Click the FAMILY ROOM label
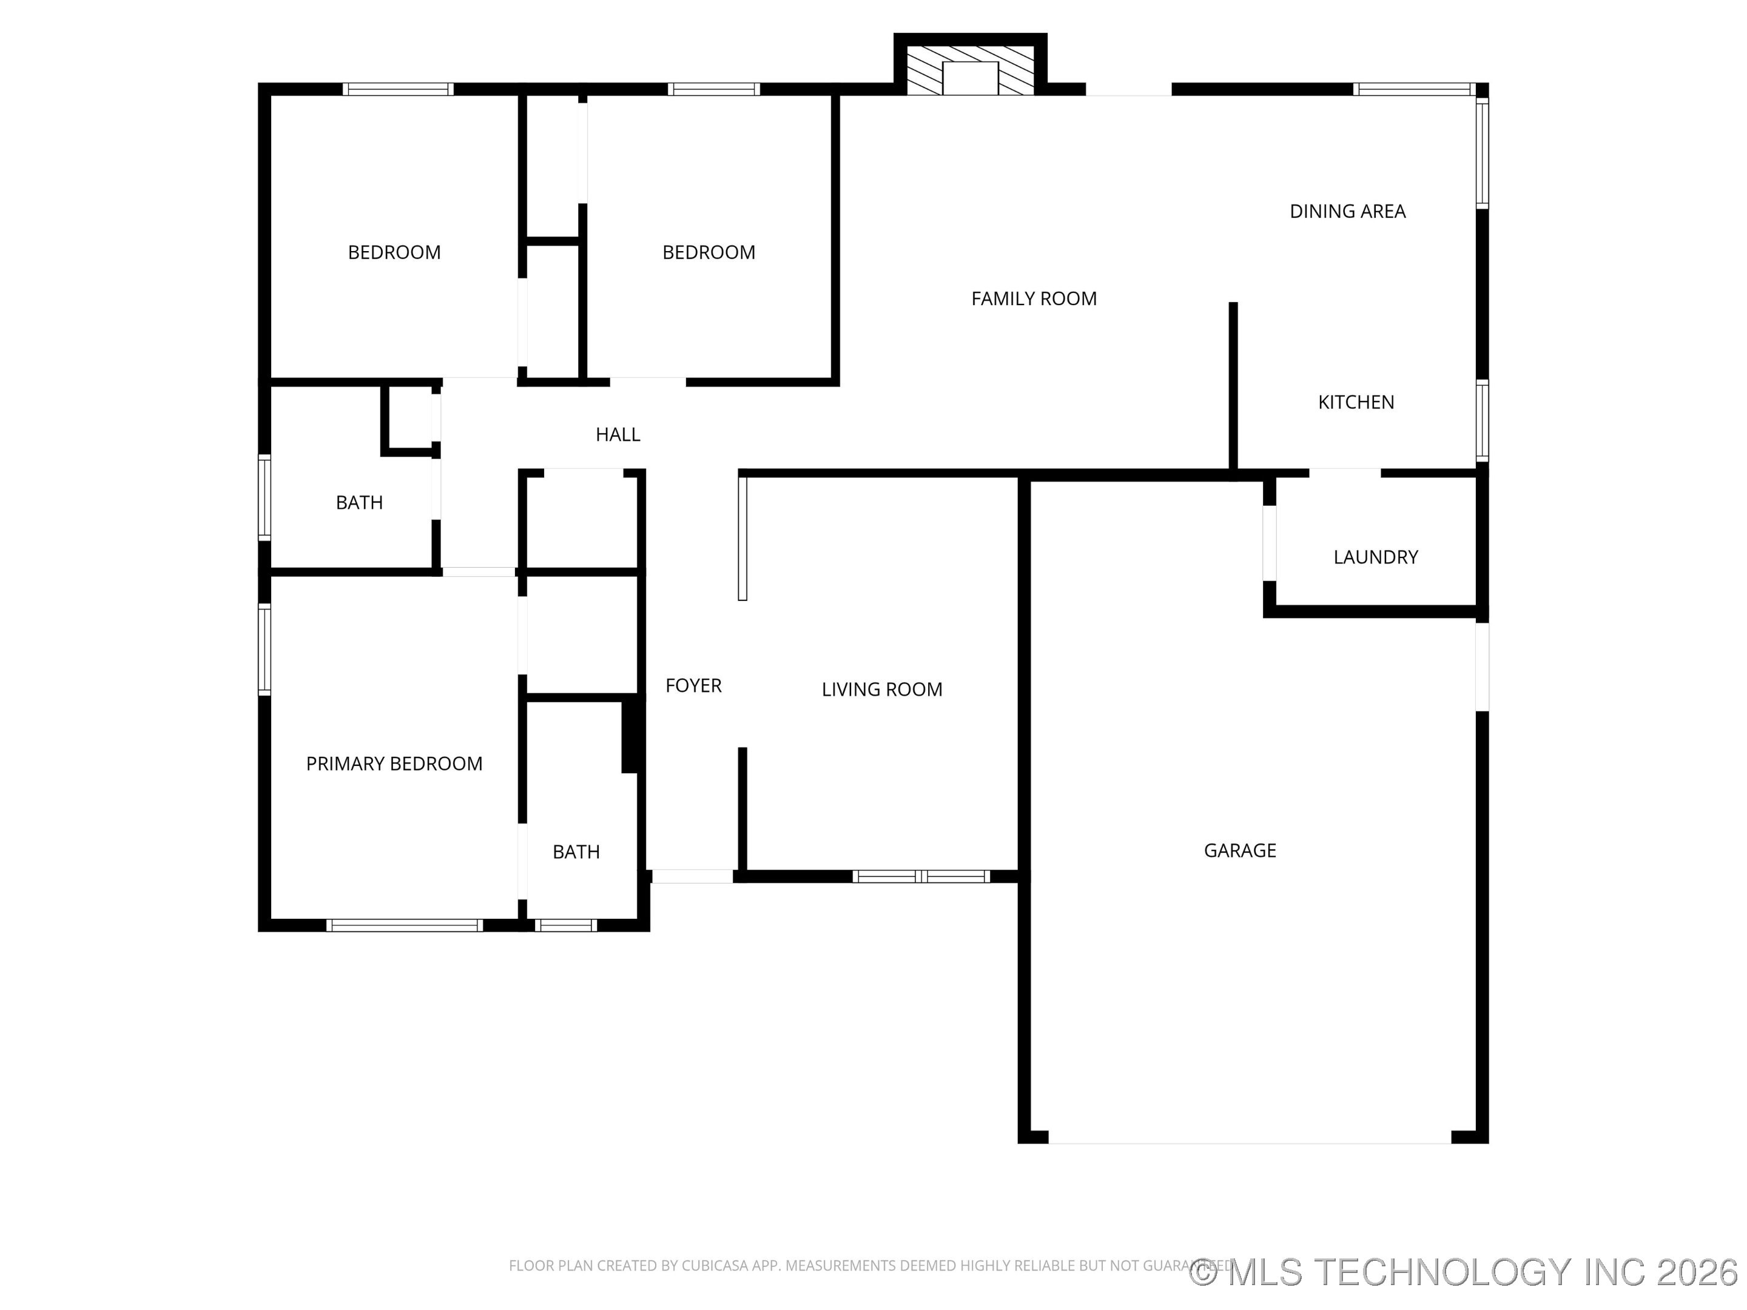click(x=1033, y=298)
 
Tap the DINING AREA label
click(x=1347, y=212)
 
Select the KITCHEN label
click(x=1355, y=402)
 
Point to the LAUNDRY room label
click(x=1375, y=557)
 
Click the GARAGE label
click(x=1239, y=850)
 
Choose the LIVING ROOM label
click(x=881, y=690)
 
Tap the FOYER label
click(x=693, y=685)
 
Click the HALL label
click(x=617, y=434)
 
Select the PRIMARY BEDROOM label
click(x=393, y=764)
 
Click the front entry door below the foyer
click(x=692, y=876)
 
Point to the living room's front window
click(x=920, y=876)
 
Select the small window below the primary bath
click(x=565, y=925)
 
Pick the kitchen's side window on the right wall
click(x=1483, y=420)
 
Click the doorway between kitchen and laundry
click(x=1344, y=474)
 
